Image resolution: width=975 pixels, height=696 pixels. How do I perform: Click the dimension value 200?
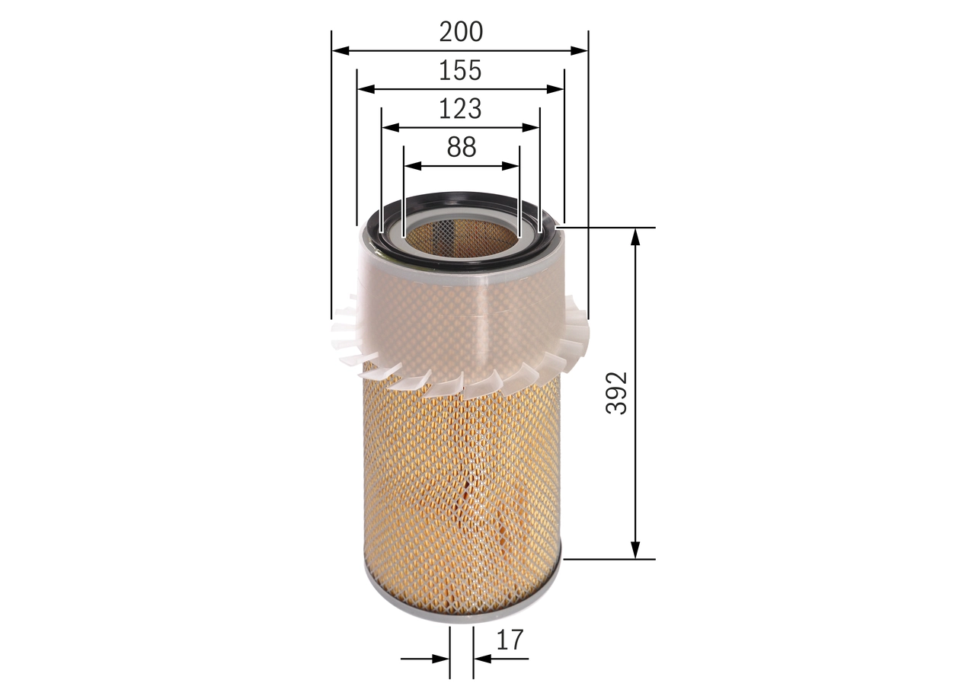461,32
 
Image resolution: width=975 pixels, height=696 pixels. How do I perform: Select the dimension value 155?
460,70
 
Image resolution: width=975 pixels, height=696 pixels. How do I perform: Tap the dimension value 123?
460,109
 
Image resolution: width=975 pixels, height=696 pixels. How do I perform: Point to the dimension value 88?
462,147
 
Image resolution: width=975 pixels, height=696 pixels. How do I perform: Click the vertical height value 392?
617,393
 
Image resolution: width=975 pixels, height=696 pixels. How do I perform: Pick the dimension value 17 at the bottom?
510,640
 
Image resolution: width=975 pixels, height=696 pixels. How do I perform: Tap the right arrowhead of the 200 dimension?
580,51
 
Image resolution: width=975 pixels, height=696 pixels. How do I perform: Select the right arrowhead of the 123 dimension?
532,127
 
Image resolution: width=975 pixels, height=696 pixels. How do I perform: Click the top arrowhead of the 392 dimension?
635,235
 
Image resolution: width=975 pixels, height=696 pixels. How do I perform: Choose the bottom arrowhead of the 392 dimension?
635,551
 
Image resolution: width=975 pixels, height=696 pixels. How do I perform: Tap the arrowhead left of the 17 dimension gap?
441,659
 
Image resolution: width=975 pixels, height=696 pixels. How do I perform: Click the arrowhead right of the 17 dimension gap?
481,659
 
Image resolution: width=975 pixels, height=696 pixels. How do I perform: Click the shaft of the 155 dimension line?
411,89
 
